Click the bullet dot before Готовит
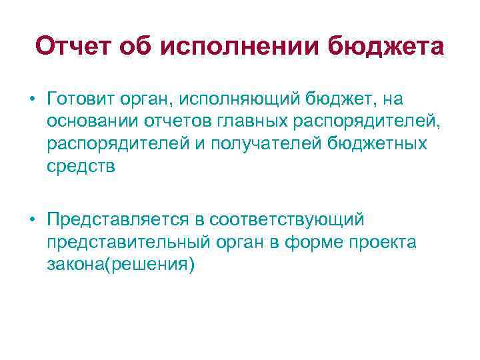tap(31, 99)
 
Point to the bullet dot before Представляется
tap(31, 219)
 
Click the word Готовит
tap(80, 99)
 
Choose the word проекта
tap(384, 242)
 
